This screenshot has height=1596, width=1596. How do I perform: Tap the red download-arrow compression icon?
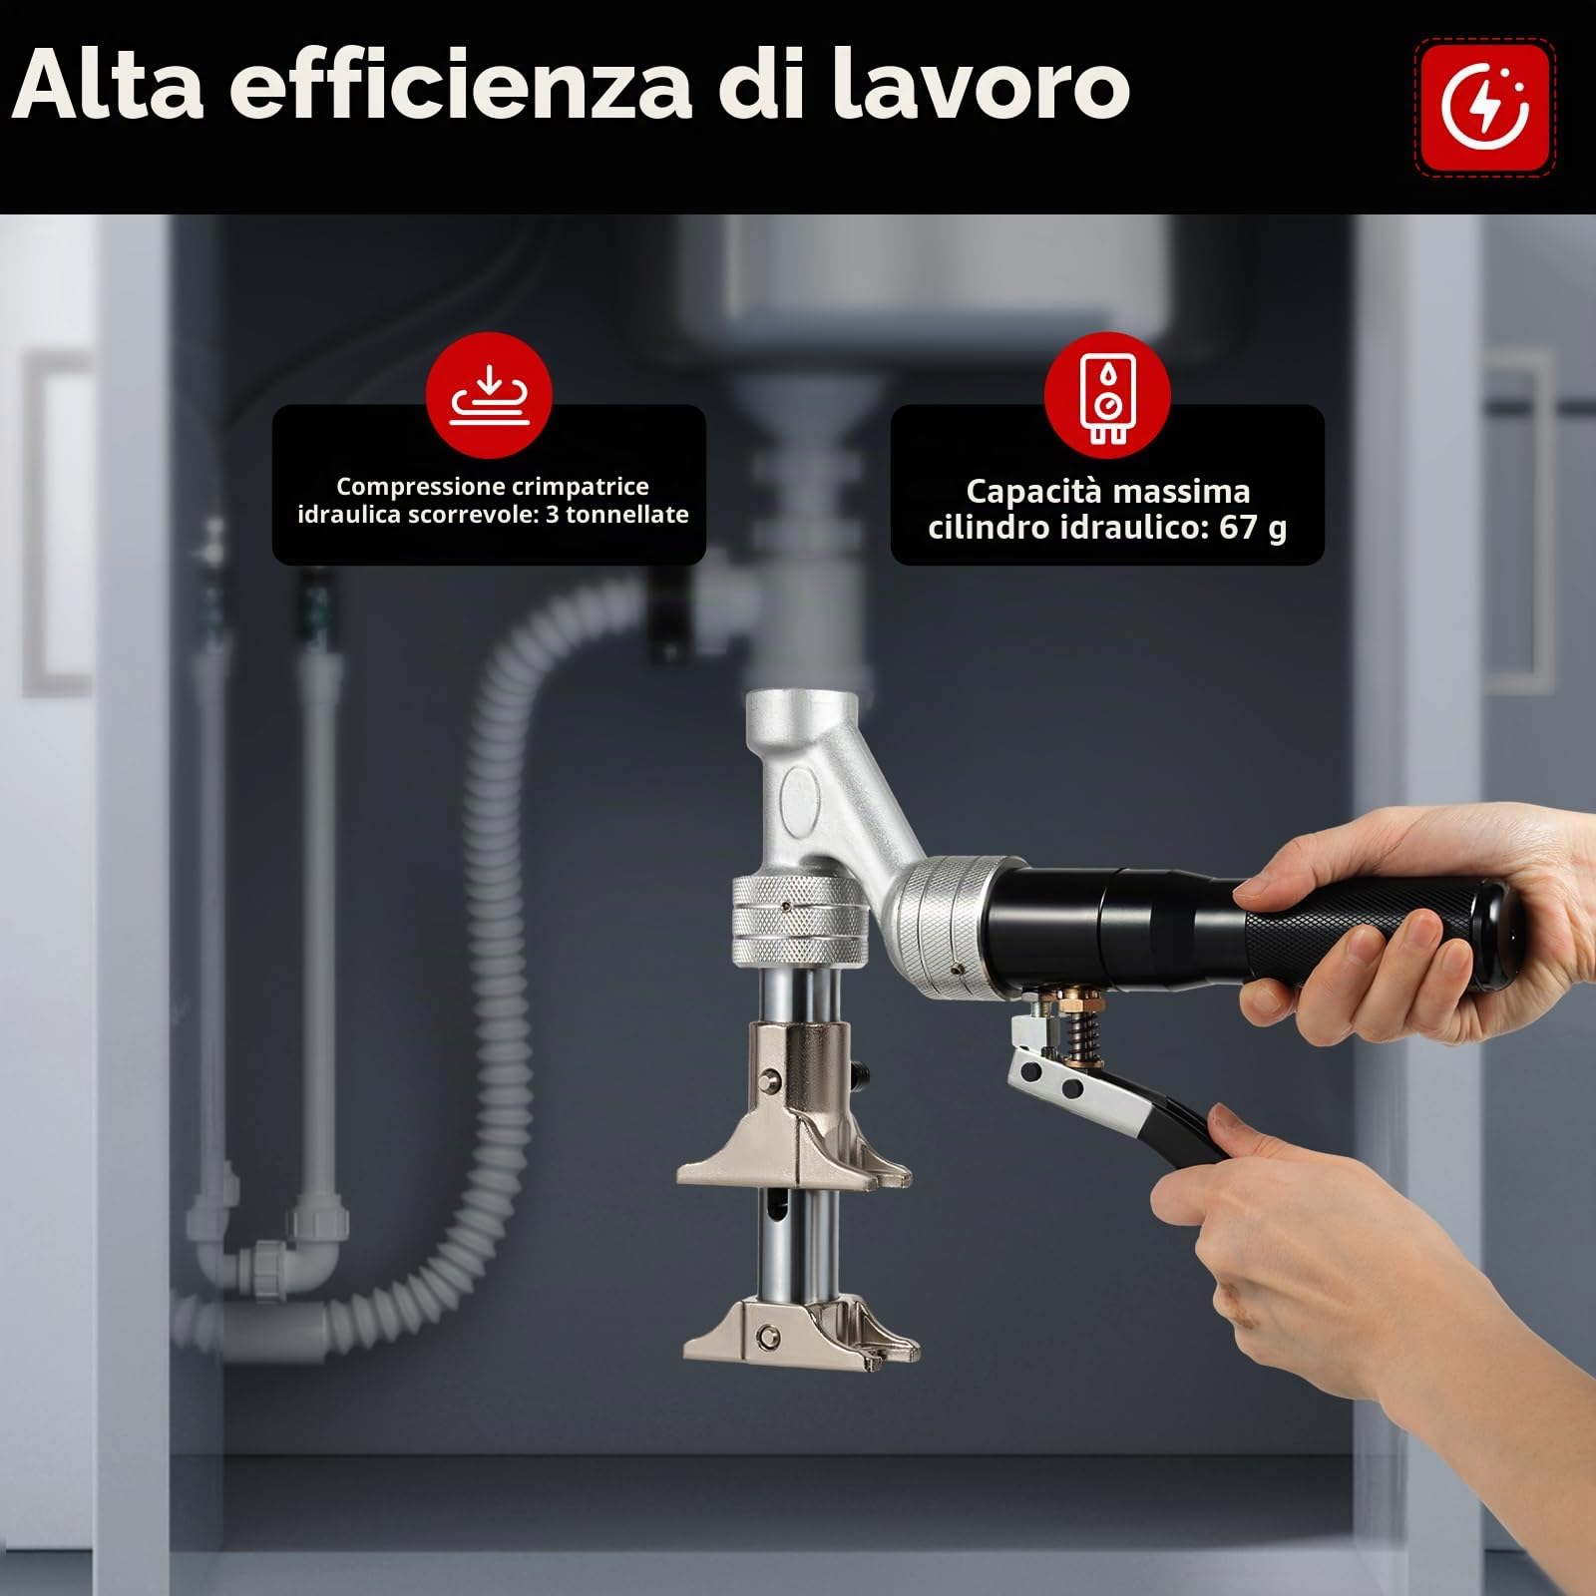pyautogui.click(x=489, y=396)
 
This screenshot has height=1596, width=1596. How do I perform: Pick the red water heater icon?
pyautogui.click(x=1107, y=396)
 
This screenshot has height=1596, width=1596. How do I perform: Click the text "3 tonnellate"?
pyautogui.click(x=617, y=515)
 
